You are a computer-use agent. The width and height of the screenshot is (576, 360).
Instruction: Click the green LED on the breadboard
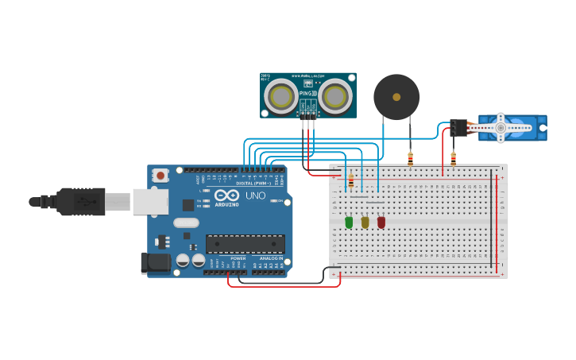pos(349,223)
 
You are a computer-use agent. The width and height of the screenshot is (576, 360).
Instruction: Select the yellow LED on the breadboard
pos(365,223)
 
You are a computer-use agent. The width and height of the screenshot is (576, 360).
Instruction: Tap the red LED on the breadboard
pos(381,223)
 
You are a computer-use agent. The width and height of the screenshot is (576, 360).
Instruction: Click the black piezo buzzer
pos(396,97)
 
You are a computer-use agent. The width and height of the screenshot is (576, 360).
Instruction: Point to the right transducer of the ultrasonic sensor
pos(335,97)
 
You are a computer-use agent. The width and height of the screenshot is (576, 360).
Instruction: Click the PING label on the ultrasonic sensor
pos(306,94)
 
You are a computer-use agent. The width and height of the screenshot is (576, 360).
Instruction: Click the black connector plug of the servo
pos(458,127)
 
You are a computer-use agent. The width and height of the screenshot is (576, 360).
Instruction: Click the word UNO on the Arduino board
pos(255,195)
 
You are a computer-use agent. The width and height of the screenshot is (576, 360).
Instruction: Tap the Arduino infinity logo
pos(226,195)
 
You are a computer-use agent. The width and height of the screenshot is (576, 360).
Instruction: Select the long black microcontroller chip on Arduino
pos(245,244)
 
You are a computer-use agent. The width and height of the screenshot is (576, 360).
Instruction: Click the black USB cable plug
pos(79,202)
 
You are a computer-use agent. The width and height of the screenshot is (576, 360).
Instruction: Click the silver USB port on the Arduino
pos(150,202)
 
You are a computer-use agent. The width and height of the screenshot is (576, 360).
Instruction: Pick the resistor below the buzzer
pos(410,159)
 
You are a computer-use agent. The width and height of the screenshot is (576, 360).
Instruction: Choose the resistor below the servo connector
pos(453,159)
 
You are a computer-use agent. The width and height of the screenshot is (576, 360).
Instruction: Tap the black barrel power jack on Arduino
pos(154,263)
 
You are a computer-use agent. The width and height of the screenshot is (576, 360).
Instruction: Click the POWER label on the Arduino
pos(238,258)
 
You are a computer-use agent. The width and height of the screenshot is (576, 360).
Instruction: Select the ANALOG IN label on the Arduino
pos(270,258)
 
